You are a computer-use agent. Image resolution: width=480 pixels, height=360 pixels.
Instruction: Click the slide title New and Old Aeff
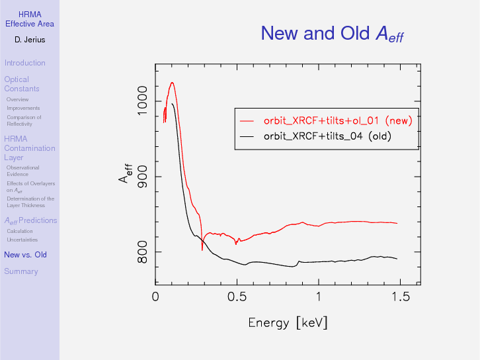point(332,34)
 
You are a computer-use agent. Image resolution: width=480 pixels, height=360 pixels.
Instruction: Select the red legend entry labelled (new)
point(337,120)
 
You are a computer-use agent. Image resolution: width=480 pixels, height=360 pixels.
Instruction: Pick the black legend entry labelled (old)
point(327,137)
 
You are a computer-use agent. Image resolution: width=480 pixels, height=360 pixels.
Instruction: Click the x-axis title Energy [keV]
point(288,323)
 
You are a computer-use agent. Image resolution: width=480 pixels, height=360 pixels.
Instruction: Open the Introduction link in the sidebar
point(24,63)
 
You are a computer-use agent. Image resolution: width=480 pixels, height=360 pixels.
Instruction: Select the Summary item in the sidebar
point(20,271)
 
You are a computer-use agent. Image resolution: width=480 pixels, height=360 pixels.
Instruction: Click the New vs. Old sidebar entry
point(25,255)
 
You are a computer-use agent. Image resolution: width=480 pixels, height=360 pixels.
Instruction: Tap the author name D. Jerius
point(30,40)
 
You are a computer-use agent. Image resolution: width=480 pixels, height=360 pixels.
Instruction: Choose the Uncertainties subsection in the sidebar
point(22,240)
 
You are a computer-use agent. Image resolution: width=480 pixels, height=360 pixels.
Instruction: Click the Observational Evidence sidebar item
point(22,171)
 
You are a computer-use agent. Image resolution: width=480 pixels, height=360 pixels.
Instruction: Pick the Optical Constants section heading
point(21,84)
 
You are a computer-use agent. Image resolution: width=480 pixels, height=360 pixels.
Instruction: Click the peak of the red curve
point(172,83)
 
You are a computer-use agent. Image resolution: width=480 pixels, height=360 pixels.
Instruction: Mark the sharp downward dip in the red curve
point(202,249)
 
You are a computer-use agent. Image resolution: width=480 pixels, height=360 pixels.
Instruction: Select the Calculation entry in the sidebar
point(19,231)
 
